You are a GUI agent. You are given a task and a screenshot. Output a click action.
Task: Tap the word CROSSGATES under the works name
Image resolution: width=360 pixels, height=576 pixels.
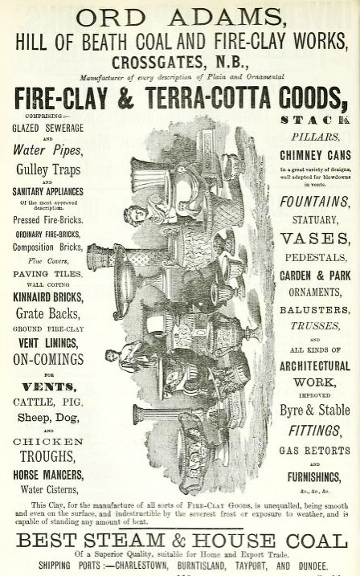(x=157, y=63)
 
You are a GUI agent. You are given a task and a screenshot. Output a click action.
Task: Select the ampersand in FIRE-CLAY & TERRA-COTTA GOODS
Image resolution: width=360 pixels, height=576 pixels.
(x=126, y=99)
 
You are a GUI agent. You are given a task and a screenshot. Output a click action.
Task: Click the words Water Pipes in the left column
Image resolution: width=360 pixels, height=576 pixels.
(x=47, y=150)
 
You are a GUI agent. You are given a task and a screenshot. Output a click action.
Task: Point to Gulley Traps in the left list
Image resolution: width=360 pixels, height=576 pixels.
(x=48, y=170)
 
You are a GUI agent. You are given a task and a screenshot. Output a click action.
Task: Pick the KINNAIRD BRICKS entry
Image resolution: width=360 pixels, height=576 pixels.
(x=48, y=297)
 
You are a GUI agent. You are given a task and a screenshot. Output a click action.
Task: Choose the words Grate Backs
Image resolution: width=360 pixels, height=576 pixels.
(x=47, y=314)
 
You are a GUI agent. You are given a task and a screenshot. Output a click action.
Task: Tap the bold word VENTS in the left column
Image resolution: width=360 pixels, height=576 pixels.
(x=49, y=387)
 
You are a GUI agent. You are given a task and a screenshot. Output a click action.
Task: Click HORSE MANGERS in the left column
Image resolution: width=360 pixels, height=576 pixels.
(x=48, y=475)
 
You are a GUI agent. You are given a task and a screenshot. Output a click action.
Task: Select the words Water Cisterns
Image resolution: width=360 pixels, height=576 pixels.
(x=49, y=489)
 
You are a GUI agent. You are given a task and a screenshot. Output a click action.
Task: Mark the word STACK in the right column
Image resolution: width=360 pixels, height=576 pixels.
(x=315, y=121)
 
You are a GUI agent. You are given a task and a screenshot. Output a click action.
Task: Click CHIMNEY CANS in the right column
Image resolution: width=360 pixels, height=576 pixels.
(x=315, y=155)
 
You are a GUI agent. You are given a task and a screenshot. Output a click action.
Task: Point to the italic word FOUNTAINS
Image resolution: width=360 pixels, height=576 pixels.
(x=314, y=202)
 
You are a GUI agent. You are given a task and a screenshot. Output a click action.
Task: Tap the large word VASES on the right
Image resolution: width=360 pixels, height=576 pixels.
(x=315, y=239)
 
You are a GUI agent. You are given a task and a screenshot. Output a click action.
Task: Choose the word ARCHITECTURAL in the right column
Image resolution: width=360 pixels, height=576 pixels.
(x=315, y=366)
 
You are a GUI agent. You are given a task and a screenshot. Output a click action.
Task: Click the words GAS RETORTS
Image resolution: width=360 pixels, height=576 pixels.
(x=314, y=451)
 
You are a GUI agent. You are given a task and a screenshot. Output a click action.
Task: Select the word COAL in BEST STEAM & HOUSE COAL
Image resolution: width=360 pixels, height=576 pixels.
(x=317, y=541)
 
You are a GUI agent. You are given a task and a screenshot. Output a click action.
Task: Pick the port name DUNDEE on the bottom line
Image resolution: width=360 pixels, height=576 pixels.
(x=313, y=566)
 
